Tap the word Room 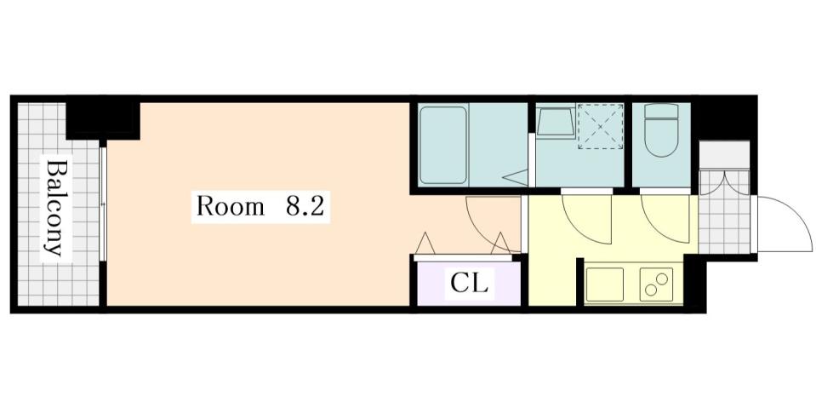(x=231, y=207)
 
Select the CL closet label (x=469, y=284)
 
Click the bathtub (x=443, y=144)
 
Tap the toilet (x=660, y=130)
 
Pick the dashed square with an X (x=601, y=126)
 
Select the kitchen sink (x=605, y=284)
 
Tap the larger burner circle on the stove (x=659, y=279)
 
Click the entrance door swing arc (x=784, y=223)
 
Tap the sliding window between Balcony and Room (x=102, y=204)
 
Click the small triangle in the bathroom (x=515, y=177)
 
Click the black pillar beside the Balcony (x=102, y=118)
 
